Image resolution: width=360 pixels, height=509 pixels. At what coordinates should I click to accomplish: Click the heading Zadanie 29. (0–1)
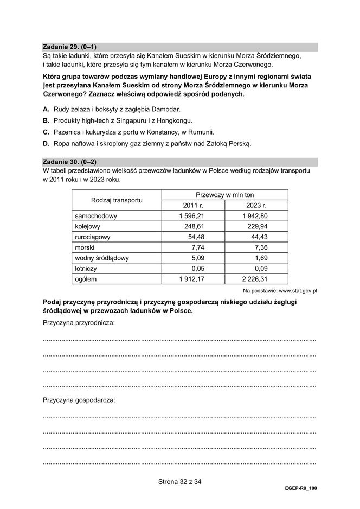(73, 47)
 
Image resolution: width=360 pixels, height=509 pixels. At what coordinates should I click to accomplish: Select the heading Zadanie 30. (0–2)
(73, 162)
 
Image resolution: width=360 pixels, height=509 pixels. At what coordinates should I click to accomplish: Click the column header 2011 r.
(194, 206)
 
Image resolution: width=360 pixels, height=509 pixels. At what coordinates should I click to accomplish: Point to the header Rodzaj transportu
(117, 200)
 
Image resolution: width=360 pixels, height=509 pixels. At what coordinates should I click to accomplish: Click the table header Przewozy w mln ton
(224, 195)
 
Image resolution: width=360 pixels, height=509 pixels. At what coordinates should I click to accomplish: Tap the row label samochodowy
(96, 216)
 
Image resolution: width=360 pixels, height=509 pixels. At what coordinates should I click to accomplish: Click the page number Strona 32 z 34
(179, 481)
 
